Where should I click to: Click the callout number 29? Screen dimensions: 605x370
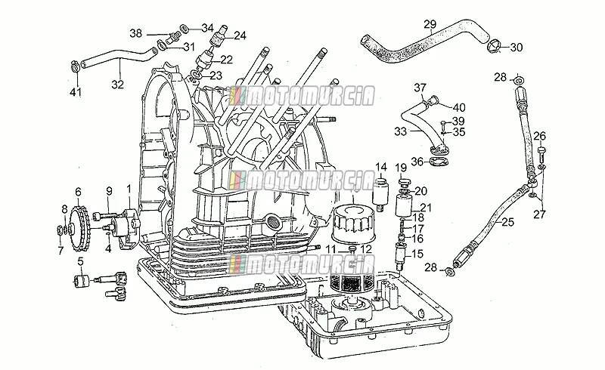coord(430,25)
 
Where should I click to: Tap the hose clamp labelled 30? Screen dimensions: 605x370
coord(495,46)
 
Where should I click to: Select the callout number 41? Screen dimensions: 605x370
coord(76,92)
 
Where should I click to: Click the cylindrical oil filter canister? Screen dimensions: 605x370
coord(352,224)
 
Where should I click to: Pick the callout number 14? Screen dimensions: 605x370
coord(381,167)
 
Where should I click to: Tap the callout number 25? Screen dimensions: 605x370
coord(507,222)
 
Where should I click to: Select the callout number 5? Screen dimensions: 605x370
coord(80,262)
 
